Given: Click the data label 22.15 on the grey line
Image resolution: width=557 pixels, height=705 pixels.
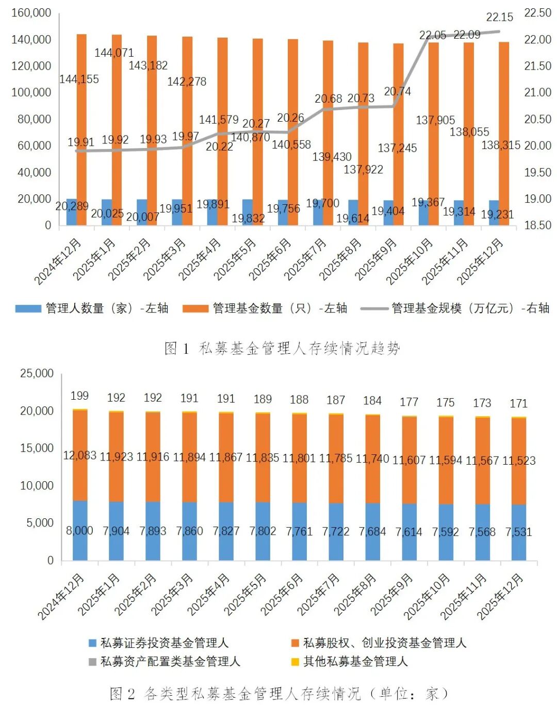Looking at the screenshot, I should [x=499, y=17].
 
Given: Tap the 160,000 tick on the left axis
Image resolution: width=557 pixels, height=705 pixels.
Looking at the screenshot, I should [x=31, y=12].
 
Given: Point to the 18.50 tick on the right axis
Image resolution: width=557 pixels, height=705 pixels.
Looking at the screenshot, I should [x=538, y=225].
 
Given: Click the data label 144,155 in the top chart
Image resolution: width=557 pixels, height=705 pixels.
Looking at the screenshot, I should [x=79, y=79].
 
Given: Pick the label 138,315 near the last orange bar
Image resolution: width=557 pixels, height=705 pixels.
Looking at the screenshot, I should [x=500, y=145].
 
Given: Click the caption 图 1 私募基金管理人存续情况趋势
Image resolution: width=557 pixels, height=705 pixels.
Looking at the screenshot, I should [x=282, y=349].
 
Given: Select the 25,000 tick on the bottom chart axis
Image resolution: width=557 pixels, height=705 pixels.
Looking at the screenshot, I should [x=37, y=373].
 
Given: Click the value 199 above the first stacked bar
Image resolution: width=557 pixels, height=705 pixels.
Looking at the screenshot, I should [x=79, y=396].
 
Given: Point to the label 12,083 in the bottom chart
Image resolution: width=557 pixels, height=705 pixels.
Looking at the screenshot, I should [x=79, y=455].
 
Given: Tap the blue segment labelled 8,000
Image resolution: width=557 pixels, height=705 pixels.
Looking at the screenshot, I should [x=79, y=531].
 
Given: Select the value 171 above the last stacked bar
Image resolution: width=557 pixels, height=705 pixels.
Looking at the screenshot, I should [x=519, y=403].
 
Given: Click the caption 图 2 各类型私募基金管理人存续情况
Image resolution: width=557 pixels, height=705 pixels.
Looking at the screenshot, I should [x=278, y=694].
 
